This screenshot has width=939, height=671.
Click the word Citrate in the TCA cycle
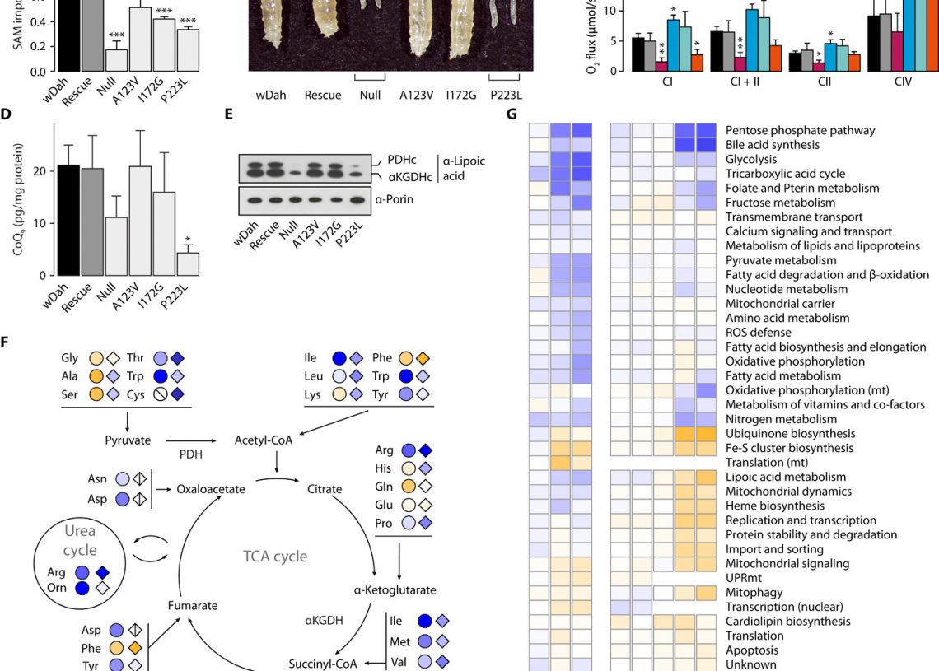(x=324, y=489)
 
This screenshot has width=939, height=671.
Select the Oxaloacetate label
(x=212, y=489)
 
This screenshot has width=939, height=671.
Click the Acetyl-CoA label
(x=264, y=440)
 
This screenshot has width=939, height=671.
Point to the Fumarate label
(x=193, y=605)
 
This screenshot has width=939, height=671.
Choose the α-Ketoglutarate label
(x=384, y=590)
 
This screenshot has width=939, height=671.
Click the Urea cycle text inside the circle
(x=80, y=541)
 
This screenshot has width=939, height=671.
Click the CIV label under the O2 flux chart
(x=903, y=83)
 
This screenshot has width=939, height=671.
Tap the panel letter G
(x=512, y=114)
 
